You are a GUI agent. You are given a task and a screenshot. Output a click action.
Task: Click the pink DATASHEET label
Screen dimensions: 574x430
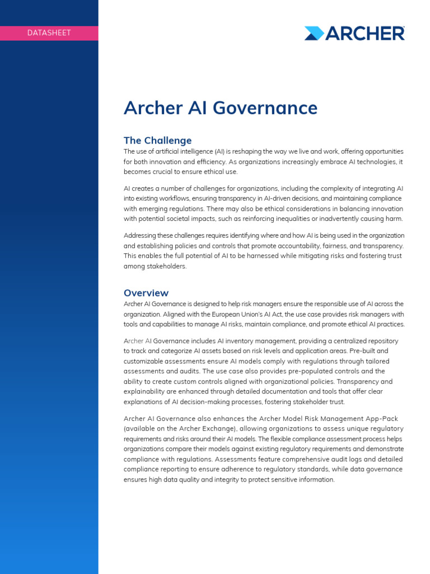(x=49, y=33)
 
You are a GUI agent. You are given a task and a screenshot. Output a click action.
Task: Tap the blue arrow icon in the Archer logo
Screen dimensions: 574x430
(x=314, y=33)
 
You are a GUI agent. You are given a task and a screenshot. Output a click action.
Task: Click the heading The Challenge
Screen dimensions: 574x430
(x=157, y=140)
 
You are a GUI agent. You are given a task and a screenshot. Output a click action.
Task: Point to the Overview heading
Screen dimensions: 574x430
(x=146, y=293)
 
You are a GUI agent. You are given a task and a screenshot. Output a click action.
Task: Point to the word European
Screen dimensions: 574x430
(x=226, y=314)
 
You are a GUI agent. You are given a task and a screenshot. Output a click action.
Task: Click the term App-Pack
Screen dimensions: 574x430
(x=385, y=419)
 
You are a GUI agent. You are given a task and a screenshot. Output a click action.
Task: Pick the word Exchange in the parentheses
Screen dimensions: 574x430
(x=211, y=429)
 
